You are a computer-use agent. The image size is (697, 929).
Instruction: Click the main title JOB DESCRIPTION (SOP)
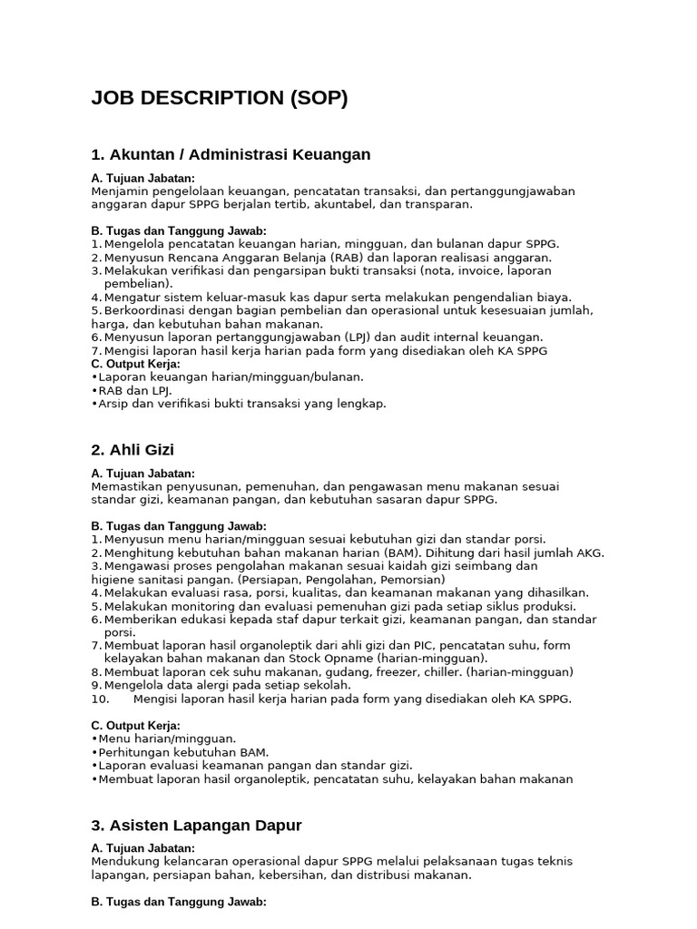pyautogui.click(x=220, y=99)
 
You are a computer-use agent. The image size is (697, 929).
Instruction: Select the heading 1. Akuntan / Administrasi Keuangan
pyautogui.click(x=231, y=154)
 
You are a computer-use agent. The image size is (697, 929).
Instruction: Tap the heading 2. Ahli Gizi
pyautogui.click(x=133, y=450)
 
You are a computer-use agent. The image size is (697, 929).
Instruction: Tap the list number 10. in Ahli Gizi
pyautogui.click(x=101, y=699)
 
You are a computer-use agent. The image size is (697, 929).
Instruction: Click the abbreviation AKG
pyautogui.click(x=589, y=553)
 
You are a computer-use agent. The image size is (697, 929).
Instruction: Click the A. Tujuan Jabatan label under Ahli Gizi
pyautogui.click(x=143, y=474)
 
